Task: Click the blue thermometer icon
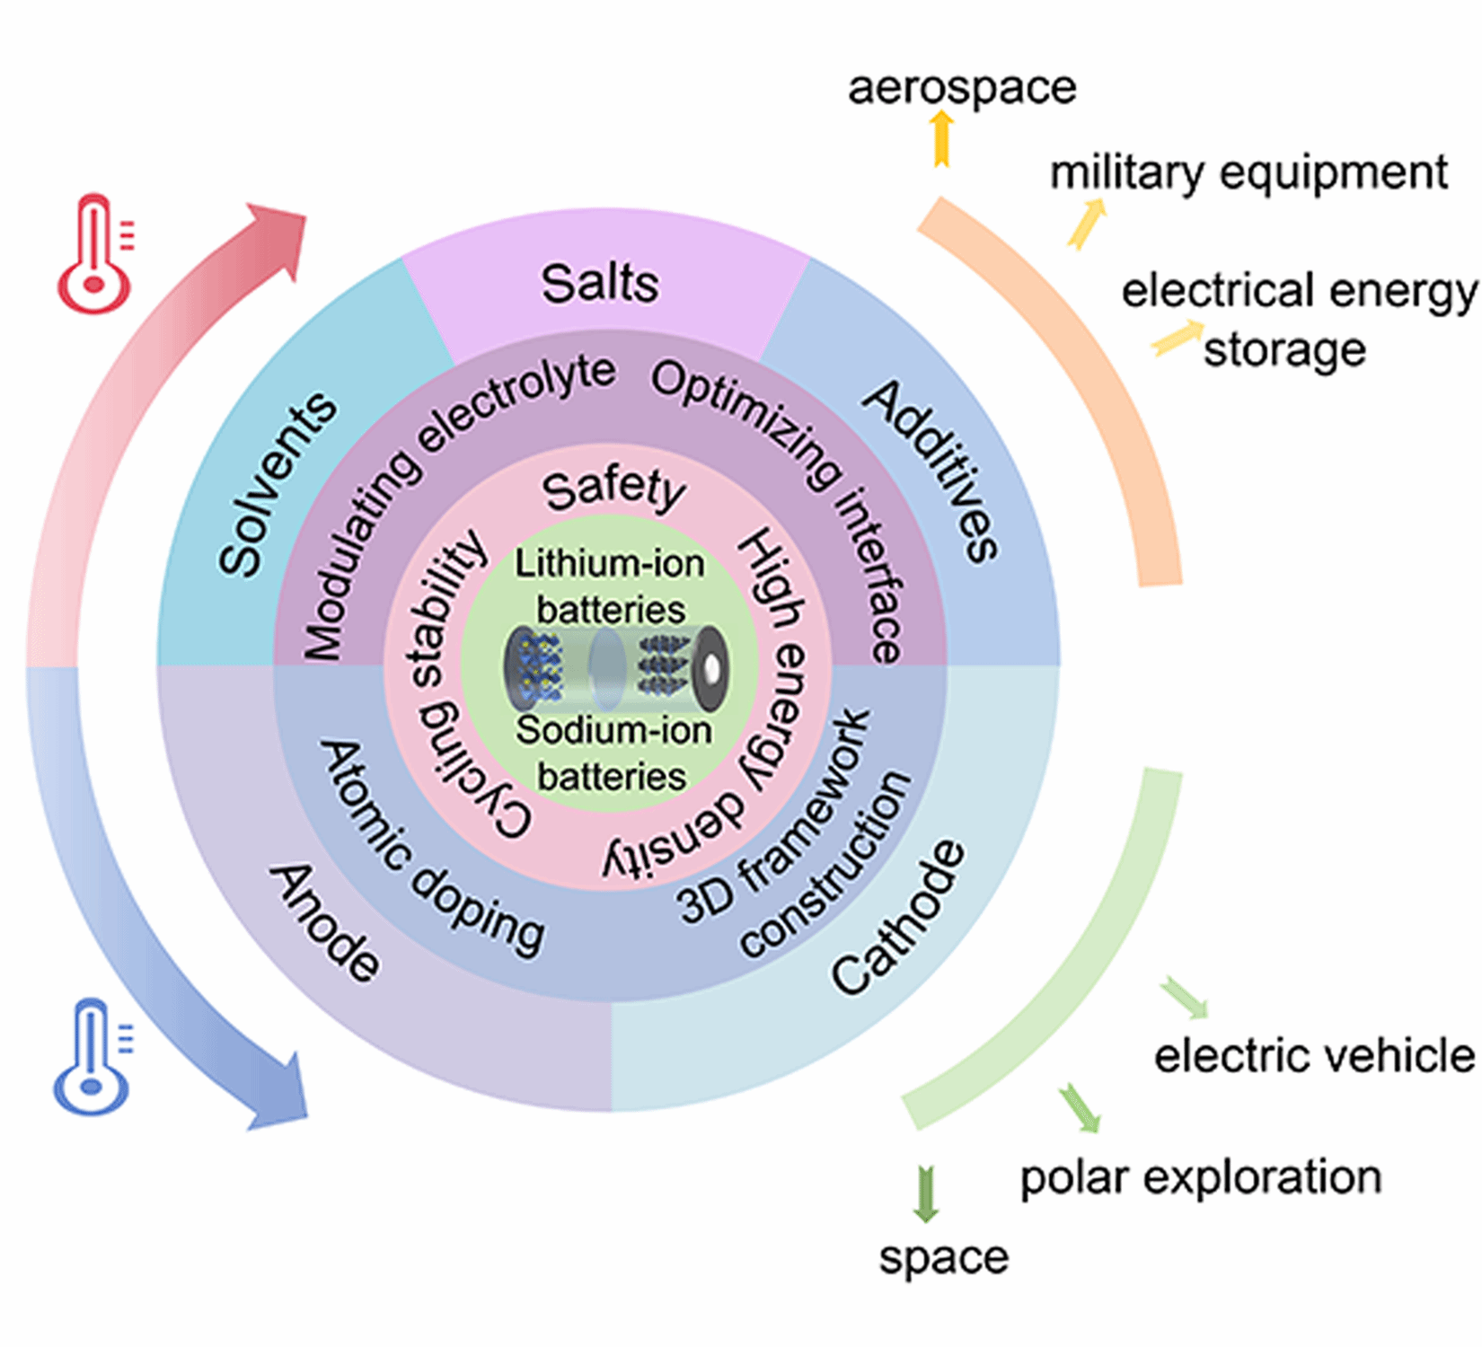(92, 1057)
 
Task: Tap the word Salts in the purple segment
(600, 284)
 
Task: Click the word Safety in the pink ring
(614, 489)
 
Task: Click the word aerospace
(962, 88)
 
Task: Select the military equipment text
(1248, 172)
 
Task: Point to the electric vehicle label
(1314, 1056)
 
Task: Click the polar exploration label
(1201, 1177)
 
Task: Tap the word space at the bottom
(944, 1257)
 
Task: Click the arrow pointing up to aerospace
(941, 138)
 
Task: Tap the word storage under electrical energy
(1284, 349)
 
